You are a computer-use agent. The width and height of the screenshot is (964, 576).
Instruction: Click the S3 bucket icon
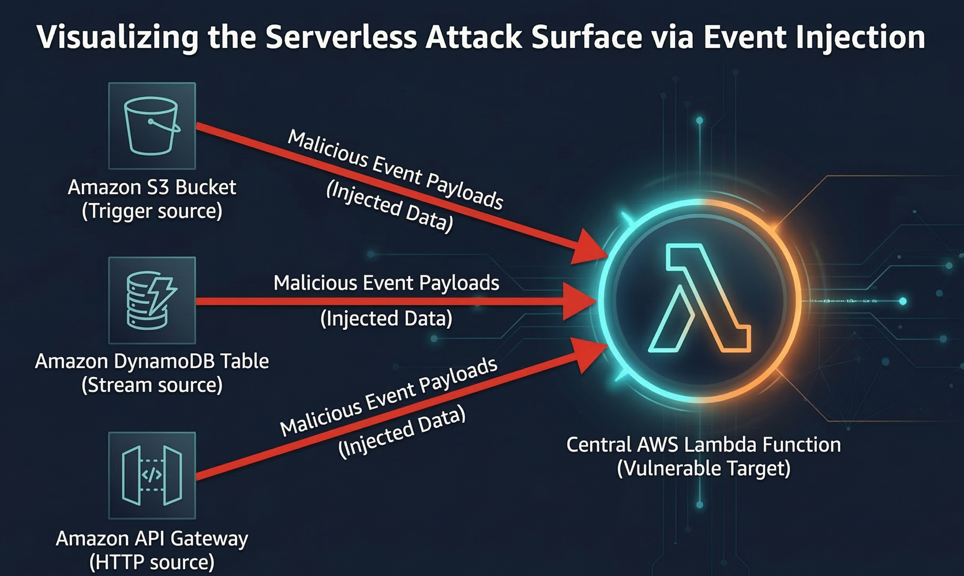[x=152, y=126]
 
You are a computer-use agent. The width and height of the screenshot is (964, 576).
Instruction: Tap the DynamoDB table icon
[x=152, y=300]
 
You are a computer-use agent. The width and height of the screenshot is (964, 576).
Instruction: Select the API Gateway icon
[x=152, y=476]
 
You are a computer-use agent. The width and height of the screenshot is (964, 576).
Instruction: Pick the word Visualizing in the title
[x=117, y=37]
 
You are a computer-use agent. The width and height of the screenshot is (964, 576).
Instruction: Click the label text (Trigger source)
[x=152, y=211]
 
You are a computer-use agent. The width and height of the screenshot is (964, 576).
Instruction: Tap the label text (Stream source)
[x=152, y=385]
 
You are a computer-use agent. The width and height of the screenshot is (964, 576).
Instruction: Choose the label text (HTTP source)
[x=152, y=562]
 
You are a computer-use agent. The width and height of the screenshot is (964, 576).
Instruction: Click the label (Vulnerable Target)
[x=703, y=468]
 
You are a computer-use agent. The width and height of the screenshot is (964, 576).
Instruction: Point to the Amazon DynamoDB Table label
[x=152, y=361]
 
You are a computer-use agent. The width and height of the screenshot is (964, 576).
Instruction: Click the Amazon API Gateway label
[x=152, y=538]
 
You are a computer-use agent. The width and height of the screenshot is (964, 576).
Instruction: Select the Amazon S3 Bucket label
[x=152, y=187]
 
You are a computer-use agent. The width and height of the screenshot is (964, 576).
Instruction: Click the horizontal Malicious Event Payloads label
[x=386, y=283]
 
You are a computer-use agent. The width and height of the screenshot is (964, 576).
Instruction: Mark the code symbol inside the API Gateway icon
[x=152, y=475]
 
